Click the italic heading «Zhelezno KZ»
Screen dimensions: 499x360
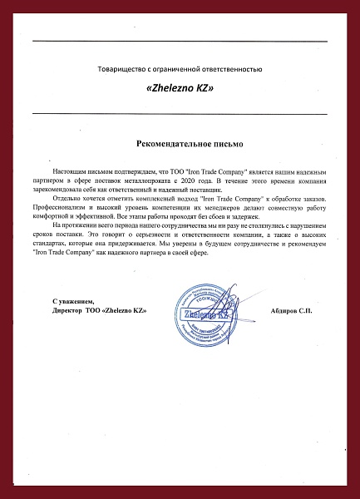180,88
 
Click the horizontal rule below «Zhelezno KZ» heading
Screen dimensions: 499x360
180,113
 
